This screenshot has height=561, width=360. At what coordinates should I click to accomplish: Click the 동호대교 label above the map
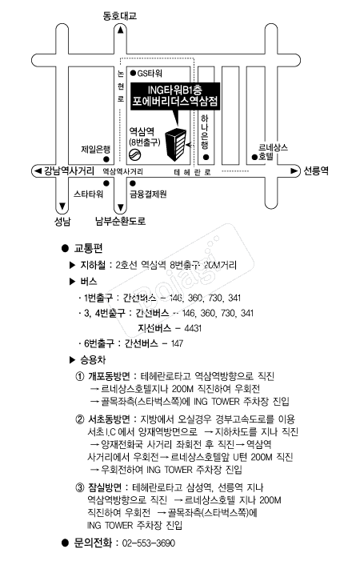pos(120,16)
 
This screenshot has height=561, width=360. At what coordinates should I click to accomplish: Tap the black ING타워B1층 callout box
pos(175,96)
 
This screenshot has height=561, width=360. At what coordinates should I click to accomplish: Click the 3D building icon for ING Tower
pos(175,144)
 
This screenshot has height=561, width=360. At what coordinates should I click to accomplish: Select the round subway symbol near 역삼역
pos(134,155)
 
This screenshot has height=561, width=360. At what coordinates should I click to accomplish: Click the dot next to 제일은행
pos(106,159)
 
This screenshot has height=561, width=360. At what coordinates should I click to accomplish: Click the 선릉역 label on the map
pos(316,170)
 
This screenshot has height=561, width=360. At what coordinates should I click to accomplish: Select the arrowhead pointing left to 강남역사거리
pos(38,170)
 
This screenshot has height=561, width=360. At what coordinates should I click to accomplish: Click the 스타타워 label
pos(88,194)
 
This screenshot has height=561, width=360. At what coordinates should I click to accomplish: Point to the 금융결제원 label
pos(148,194)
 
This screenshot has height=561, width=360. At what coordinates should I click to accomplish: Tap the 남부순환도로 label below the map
pos(121,221)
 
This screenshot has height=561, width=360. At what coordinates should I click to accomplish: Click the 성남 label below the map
pos(62,222)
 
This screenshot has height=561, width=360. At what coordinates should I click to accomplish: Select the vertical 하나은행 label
pos(205,132)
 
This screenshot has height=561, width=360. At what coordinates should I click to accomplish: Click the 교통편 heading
pos(89,248)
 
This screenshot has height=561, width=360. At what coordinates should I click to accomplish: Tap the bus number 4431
pos(193,328)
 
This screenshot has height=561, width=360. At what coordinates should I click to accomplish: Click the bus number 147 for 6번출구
pos(177,343)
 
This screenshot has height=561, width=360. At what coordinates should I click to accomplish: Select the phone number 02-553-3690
pos(149,543)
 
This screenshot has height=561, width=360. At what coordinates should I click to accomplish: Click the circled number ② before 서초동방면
pos(80,419)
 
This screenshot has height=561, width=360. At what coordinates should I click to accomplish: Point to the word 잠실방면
pos(105,487)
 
